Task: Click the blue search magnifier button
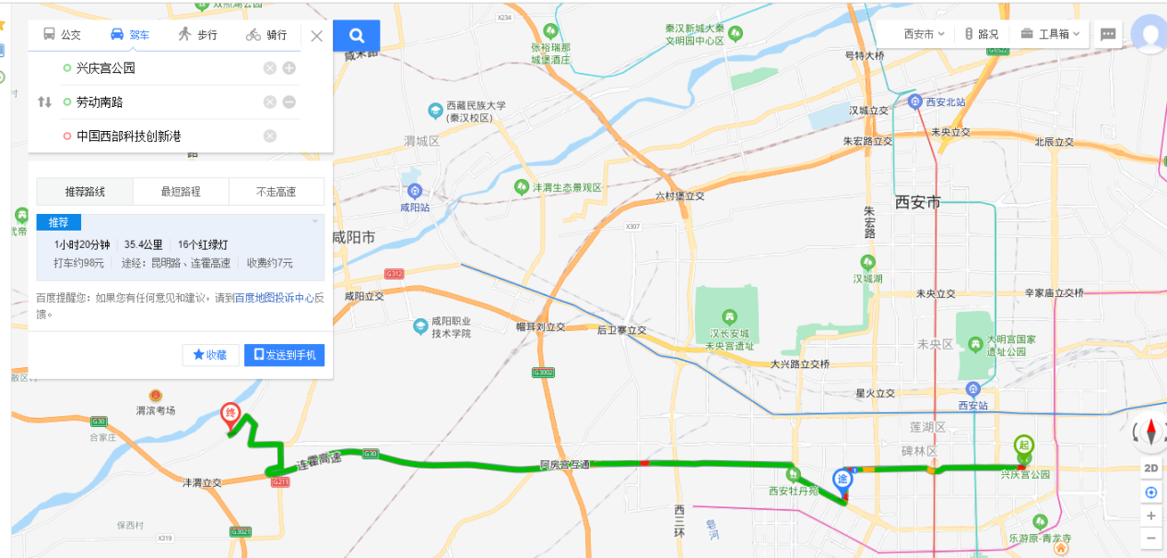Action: coord(357,36)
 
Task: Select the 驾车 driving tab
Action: coord(129,35)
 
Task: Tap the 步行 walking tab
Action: coord(197,35)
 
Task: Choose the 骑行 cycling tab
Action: coord(266,35)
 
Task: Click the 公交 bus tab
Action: coord(62,35)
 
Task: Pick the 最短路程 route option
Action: coord(181,192)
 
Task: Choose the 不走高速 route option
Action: coord(277,192)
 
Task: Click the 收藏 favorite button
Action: coord(210,355)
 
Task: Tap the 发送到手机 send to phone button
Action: coord(284,355)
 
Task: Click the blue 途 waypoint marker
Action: coord(843,480)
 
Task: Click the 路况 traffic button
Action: coord(981,34)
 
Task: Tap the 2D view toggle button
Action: coord(1151,468)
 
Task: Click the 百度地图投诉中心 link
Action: coord(273,298)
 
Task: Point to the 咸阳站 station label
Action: coord(415,208)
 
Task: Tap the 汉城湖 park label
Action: coord(867,278)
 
